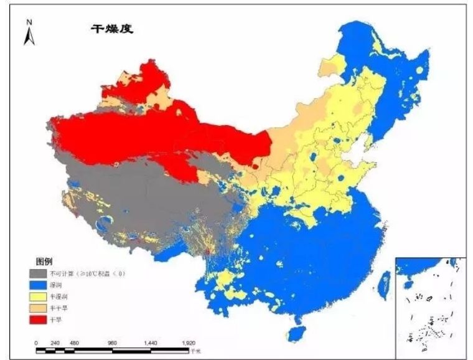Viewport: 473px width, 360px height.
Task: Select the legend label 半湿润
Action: (67, 296)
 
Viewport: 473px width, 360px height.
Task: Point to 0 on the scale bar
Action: (37, 343)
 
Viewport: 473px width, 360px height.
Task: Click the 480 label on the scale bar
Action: (74, 343)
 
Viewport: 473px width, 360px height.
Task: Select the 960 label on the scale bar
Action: (113, 343)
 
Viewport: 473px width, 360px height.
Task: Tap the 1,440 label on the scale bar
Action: (151, 343)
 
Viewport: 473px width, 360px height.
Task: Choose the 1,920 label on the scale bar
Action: (189, 343)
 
